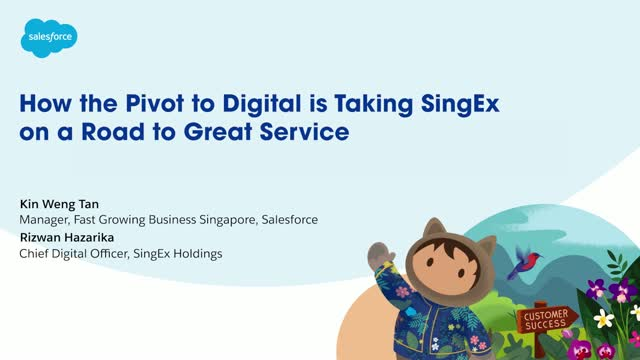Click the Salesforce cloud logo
click(49, 38)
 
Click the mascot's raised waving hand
click(379, 256)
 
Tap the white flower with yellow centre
click(603, 319)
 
